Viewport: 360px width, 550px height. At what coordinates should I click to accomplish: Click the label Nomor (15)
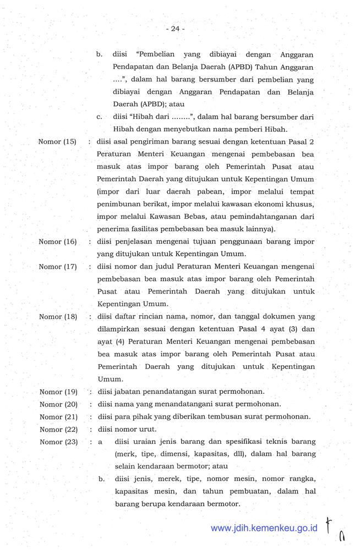coord(57,141)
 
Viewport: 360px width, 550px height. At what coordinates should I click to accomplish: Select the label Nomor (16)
coord(57,241)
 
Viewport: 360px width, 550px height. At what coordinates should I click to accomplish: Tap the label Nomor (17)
coord(57,267)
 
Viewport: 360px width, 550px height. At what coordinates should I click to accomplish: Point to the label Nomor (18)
coord(57,317)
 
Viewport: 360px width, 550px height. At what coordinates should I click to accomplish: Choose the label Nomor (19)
coord(58,392)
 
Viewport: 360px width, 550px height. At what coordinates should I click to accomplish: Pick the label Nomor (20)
coord(58,404)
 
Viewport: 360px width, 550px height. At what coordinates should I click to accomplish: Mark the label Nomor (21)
coord(58,417)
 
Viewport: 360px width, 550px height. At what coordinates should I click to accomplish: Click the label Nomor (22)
coord(58,430)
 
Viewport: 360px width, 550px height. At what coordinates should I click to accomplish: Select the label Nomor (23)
coord(58,442)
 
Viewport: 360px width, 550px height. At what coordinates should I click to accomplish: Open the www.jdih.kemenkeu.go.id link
coord(264,528)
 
